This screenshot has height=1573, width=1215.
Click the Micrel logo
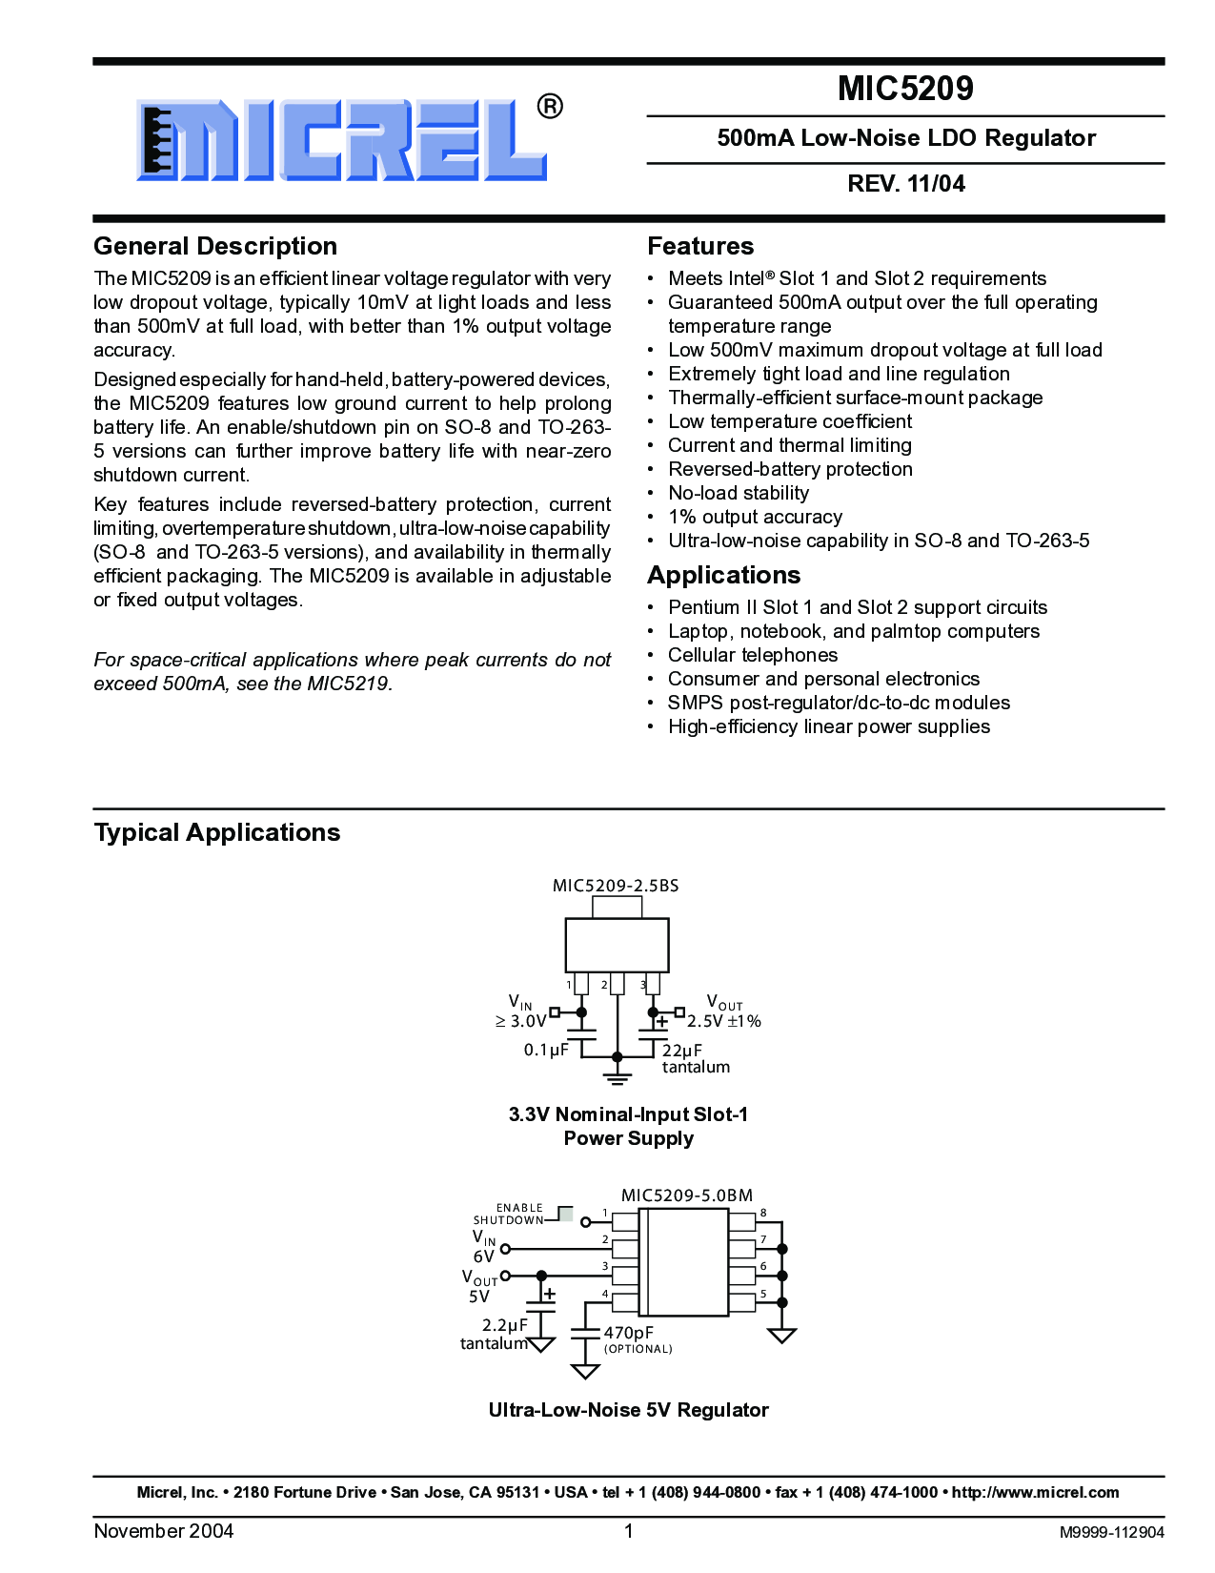[343, 139]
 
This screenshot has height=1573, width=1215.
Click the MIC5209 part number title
[905, 89]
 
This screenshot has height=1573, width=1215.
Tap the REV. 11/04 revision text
[905, 184]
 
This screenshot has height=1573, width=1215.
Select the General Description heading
[215, 246]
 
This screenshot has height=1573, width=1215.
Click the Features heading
[700, 246]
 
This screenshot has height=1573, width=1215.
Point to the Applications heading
[723, 575]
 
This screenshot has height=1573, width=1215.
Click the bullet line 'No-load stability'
[739, 493]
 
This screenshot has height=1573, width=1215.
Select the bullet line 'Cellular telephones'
[753, 655]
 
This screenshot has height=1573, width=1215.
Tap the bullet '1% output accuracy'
[755, 517]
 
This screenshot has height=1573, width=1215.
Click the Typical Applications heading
[217, 832]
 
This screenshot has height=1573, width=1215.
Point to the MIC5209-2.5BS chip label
[616, 886]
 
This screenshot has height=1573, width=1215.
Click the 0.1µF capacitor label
[546, 1050]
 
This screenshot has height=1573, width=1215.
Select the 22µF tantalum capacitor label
[695, 1058]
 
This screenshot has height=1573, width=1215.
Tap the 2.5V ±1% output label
[724, 1021]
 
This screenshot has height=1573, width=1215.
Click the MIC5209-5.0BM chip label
[686, 1195]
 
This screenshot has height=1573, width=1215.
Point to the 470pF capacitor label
[629, 1333]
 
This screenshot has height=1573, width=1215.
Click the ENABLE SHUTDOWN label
[509, 1214]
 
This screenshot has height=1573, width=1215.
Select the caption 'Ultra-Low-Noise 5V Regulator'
[628, 1410]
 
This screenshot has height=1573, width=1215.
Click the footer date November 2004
[164, 1531]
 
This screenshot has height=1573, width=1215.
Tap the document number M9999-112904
[1111, 1532]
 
